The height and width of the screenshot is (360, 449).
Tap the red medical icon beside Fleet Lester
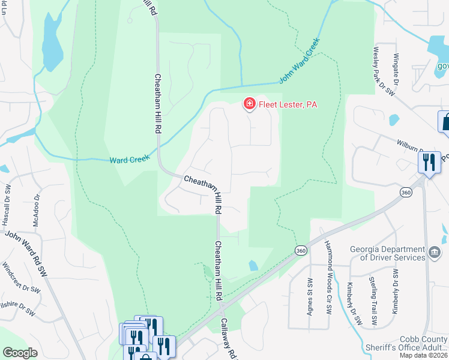(249, 104)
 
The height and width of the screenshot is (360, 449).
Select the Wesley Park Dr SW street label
(384, 71)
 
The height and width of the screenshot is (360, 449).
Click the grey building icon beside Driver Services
(435, 250)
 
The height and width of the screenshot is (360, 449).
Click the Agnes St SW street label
(310, 295)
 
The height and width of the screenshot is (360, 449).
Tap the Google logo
(20, 353)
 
